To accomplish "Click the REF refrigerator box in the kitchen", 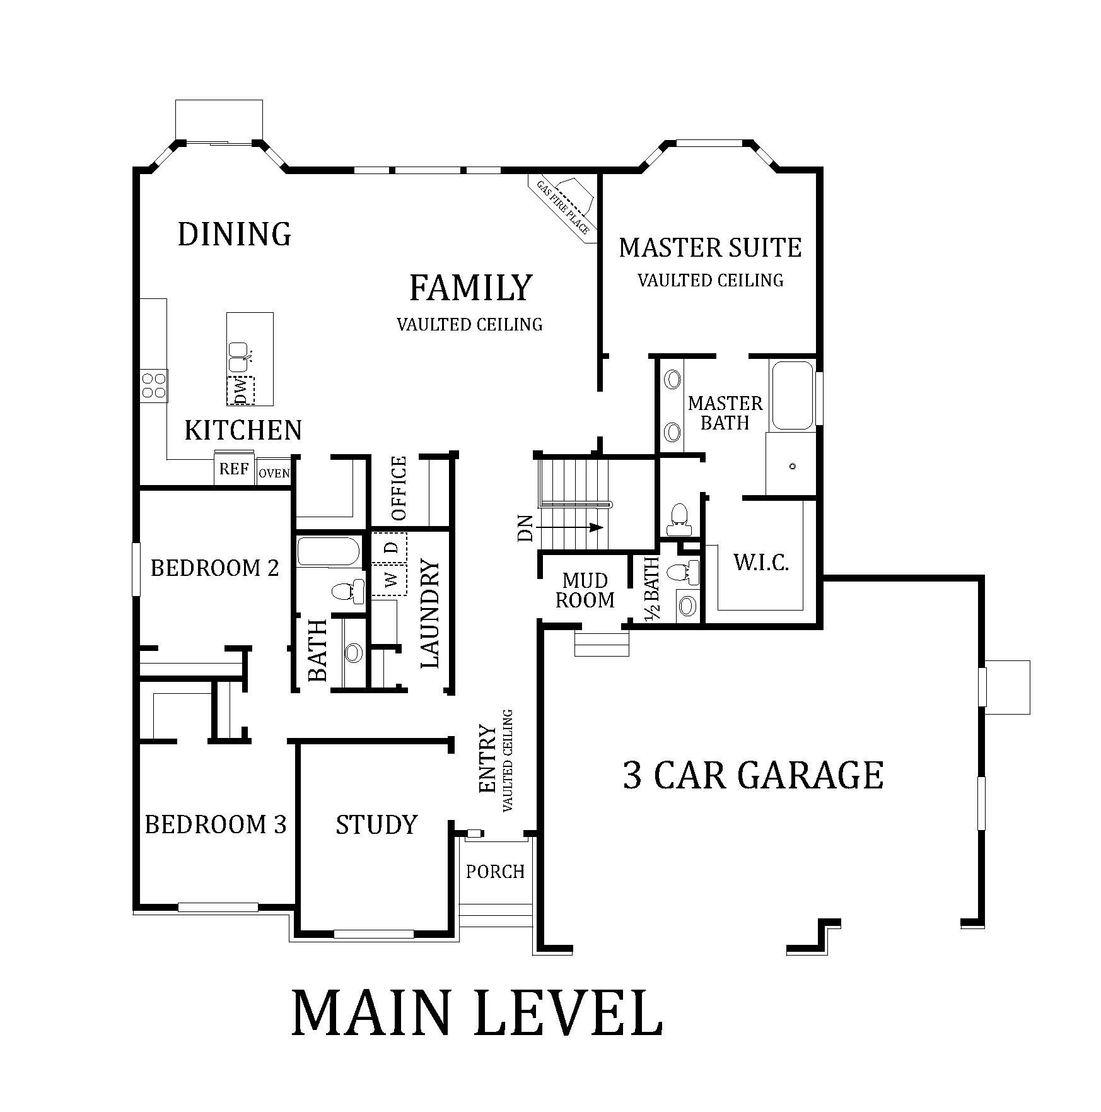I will click(x=234, y=469).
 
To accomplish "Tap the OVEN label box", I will click(x=274, y=473).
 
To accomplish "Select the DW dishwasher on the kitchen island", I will click(x=240, y=391).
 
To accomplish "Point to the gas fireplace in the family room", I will click(x=565, y=206).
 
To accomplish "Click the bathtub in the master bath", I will click(x=792, y=395).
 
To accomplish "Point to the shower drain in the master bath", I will click(x=793, y=466).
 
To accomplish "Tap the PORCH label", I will click(x=495, y=872).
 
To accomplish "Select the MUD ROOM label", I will click(x=585, y=590).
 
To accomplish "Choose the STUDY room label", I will click(x=376, y=824).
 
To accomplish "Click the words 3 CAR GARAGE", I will click(x=753, y=775).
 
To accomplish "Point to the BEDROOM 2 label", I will click(x=214, y=568).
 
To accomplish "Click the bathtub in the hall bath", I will click(x=329, y=551).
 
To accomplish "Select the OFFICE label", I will click(x=399, y=489).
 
